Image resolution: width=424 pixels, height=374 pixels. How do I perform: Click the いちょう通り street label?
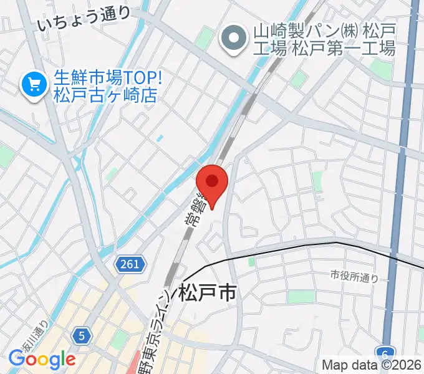tap(84, 19)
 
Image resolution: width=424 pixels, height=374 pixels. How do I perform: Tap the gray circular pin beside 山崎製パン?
tap(234, 38)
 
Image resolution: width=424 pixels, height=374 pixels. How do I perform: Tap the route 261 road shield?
tap(131, 264)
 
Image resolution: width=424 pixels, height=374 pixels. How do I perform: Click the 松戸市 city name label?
tap(207, 292)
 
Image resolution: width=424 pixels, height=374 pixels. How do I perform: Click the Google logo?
tap(42, 359)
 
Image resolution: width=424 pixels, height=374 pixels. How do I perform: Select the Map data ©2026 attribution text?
tap(372, 366)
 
